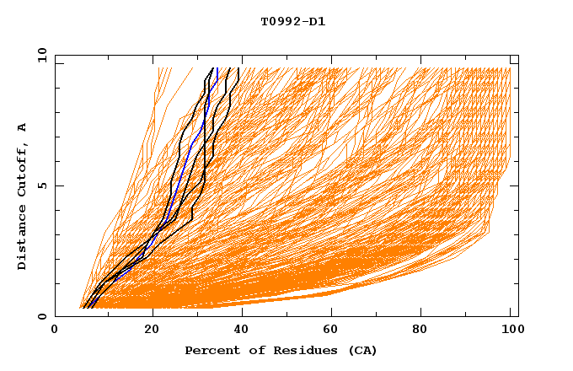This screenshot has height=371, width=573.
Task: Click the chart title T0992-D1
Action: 292,22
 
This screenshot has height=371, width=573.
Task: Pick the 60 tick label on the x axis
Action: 335,331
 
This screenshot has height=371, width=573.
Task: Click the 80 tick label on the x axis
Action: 426,331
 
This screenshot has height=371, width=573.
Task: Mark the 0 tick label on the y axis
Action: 41,316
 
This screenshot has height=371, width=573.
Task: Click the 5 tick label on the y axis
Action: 41,185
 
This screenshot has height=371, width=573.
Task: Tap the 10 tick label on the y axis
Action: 40,55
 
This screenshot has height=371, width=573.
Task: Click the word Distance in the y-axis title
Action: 23,239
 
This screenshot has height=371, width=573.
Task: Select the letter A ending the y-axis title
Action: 23,127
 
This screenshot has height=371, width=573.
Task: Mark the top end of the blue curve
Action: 217,68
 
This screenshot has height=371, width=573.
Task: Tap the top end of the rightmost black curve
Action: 239,68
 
